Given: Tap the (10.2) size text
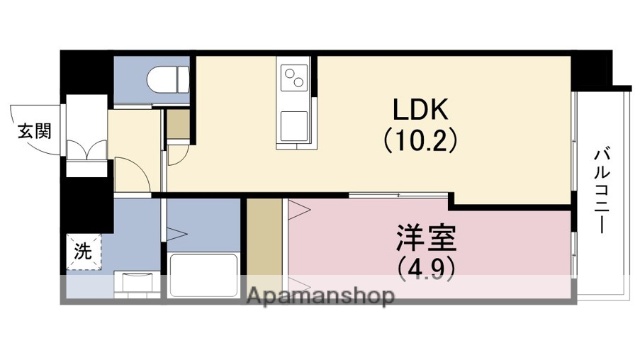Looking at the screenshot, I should click(x=421, y=141).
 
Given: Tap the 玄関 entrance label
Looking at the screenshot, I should click(x=33, y=130).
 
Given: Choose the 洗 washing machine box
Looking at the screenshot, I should click(x=82, y=250).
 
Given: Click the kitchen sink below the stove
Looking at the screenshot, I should click(x=295, y=126).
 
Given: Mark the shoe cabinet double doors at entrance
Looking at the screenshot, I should click(x=85, y=151).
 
